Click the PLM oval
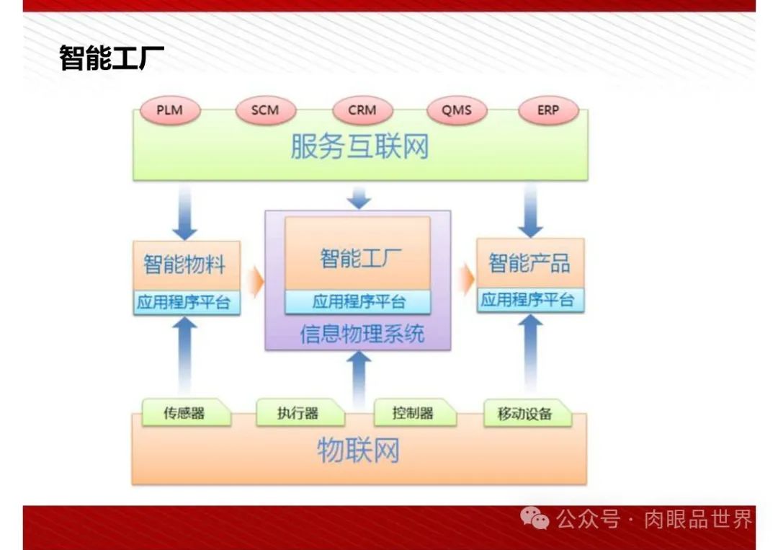(169, 111)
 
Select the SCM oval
(264, 111)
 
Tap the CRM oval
(362, 111)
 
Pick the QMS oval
(457, 111)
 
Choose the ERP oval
(548, 111)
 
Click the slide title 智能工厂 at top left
(112, 58)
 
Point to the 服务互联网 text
(359, 146)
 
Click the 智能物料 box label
(184, 264)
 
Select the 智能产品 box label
(529, 263)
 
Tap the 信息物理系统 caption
(362, 334)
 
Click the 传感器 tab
(184, 413)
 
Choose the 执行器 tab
(298, 413)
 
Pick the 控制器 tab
(413, 413)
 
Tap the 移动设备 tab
(524, 414)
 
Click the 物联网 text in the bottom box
(358, 451)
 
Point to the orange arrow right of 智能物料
(254, 280)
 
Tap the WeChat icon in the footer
(535, 518)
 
